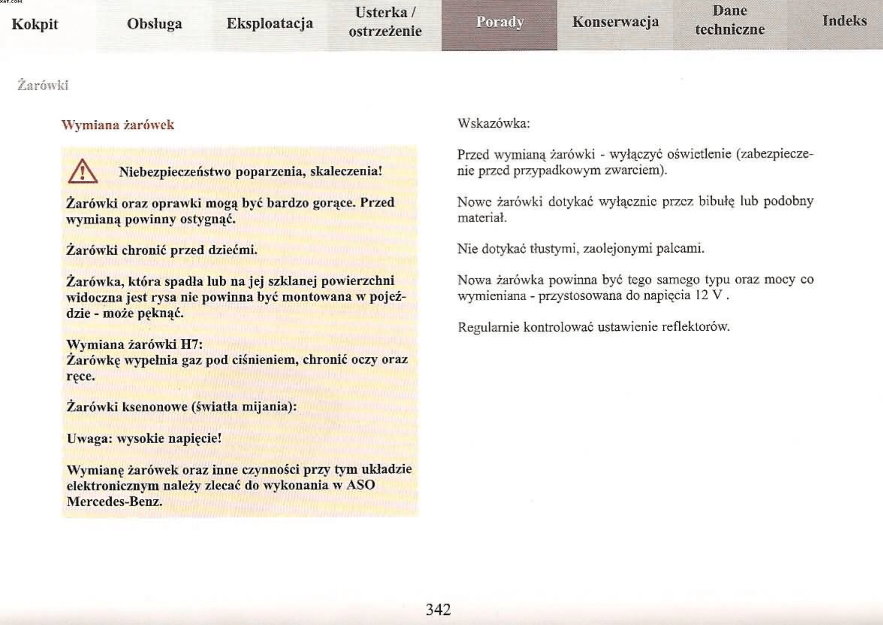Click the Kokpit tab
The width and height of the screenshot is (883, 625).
(35, 24)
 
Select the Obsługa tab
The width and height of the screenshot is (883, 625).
(154, 24)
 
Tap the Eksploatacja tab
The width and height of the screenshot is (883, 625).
(269, 23)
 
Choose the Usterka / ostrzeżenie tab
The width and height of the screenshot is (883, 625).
(384, 22)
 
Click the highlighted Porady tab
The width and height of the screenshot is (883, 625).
(499, 22)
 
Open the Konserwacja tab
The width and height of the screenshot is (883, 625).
(615, 22)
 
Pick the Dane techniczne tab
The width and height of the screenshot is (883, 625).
(729, 21)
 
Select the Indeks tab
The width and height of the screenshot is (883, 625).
(844, 21)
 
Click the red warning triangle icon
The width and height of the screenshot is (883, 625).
(83, 172)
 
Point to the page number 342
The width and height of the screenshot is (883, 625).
(438, 609)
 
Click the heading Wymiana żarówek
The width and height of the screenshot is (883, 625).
(118, 125)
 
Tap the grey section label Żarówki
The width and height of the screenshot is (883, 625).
(43, 85)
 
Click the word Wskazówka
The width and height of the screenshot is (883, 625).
(493, 123)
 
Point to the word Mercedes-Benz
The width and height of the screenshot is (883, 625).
(114, 501)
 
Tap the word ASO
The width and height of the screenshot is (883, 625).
(360, 485)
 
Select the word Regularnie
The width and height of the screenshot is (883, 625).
(488, 327)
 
